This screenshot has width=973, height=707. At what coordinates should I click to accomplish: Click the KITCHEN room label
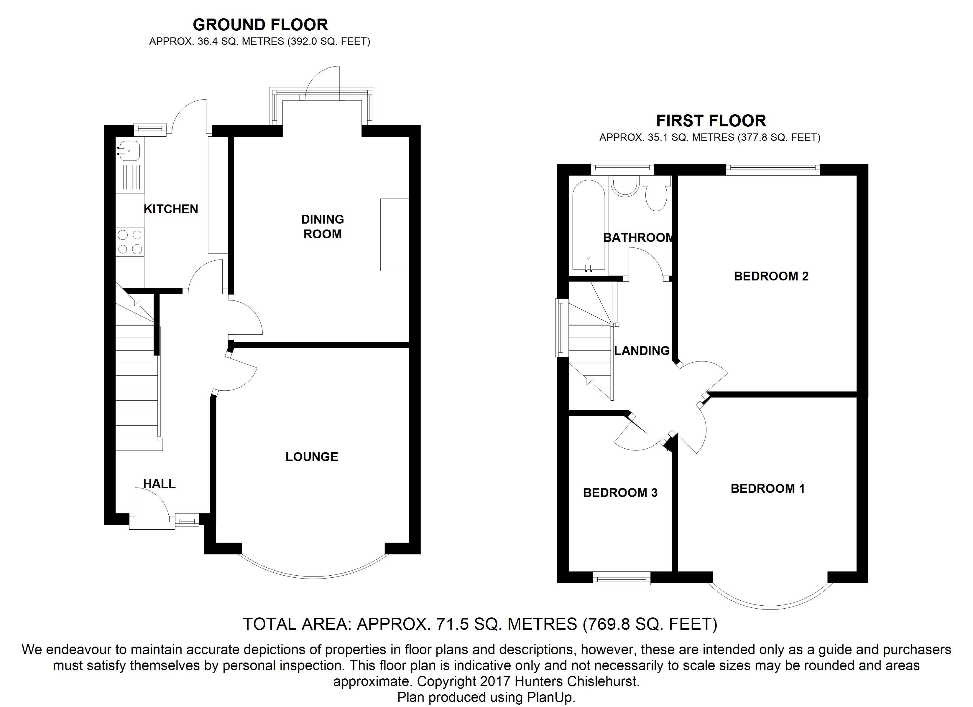point(171,209)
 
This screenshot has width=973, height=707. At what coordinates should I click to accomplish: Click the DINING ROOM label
point(323,227)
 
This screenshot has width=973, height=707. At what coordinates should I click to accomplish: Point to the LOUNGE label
point(312,457)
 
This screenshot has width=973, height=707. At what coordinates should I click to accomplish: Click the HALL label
point(159,484)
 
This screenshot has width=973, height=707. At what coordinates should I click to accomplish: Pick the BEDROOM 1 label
point(768,489)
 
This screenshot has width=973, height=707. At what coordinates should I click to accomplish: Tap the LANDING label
point(642,351)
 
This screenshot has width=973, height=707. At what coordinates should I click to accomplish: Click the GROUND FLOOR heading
point(260,25)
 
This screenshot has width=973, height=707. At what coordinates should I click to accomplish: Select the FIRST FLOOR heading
point(711,121)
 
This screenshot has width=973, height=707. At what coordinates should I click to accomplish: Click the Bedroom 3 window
point(622,579)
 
